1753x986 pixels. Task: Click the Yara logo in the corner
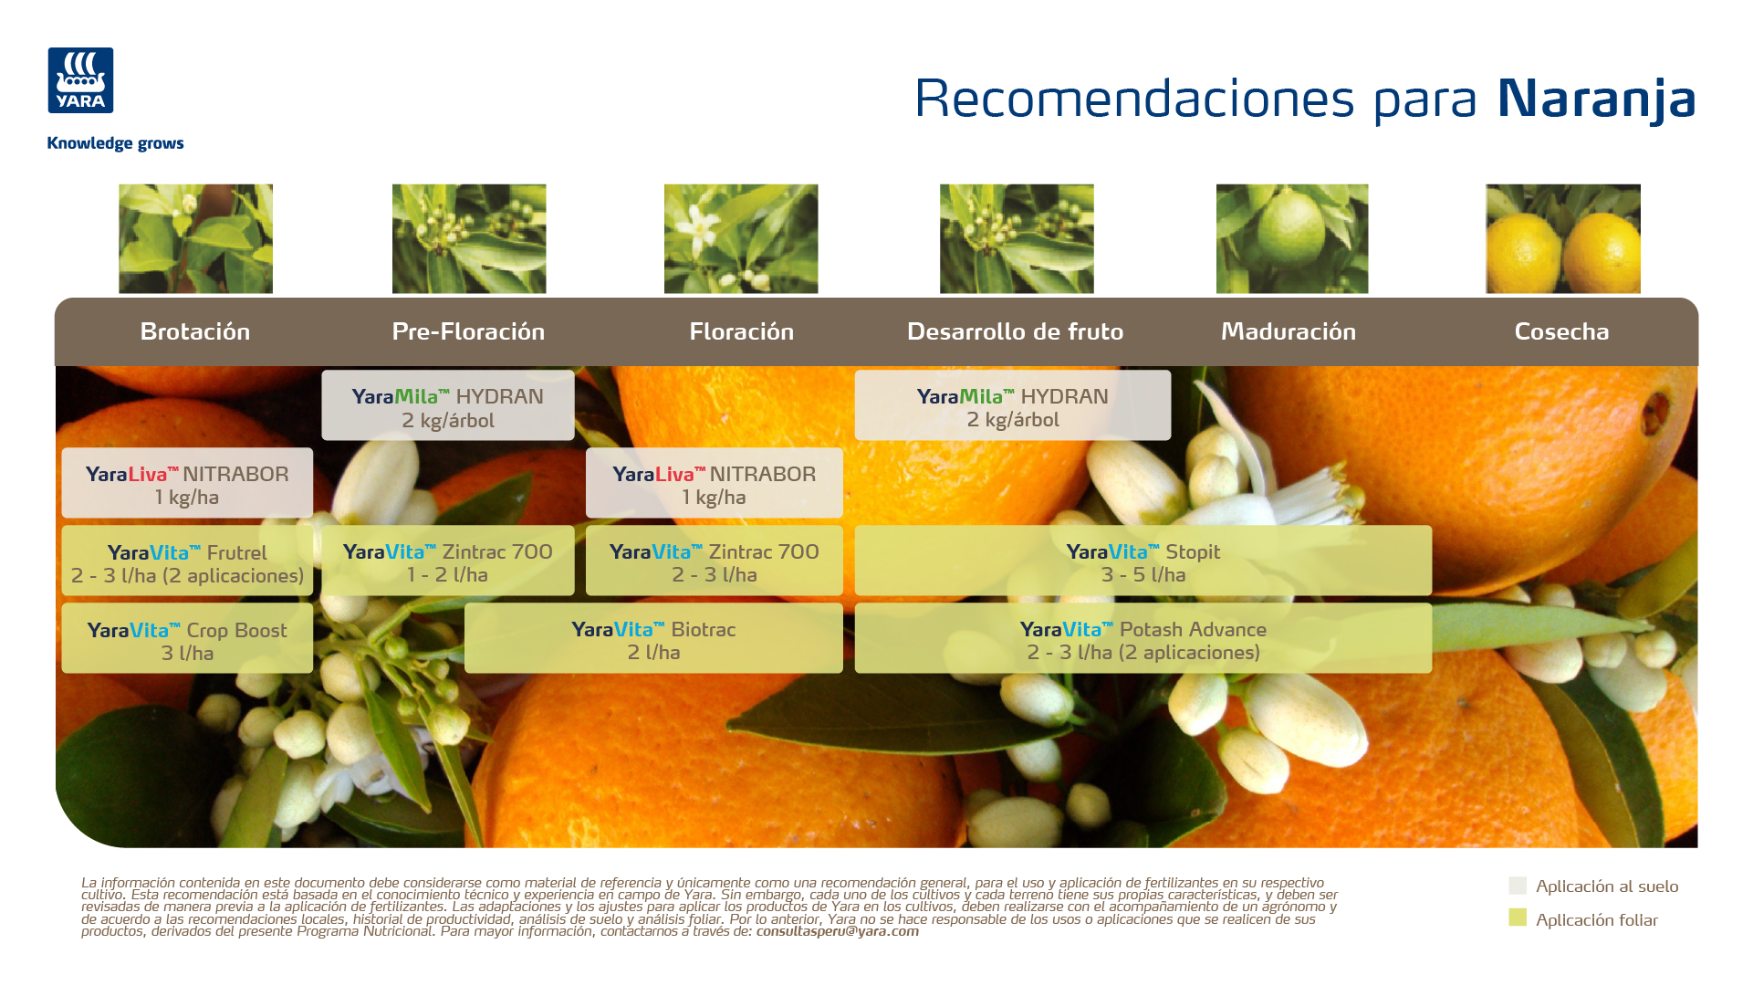[x=80, y=80]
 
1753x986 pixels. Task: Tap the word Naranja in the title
[x=1596, y=100]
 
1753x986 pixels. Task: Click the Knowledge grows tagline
[x=115, y=143]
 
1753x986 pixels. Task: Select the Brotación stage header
[x=195, y=331]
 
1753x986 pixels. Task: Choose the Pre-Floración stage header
[x=468, y=331]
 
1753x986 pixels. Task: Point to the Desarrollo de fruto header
[x=1015, y=331]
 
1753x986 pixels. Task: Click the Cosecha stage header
[x=1561, y=331]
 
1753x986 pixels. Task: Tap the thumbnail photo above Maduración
[x=1292, y=238]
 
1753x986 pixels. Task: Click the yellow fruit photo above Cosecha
[x=1563, y=238]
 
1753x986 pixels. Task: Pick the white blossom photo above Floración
[x=741, y=238]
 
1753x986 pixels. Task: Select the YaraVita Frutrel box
[x=187, y=561]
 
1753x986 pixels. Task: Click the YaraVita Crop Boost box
[x=187, y=638]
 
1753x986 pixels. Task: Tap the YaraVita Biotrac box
[x=653, y=638]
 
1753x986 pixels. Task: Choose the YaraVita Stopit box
[x=1143, y=561]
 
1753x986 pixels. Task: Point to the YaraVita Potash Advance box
[x=1143, y=638]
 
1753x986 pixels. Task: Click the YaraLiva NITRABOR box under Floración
[x=715, y=483]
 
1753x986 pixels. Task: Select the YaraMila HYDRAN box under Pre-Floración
[x=448, y=405]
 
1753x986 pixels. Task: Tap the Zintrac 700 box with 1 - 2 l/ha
[x=448, y=561]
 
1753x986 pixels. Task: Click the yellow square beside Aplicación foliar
[x=1518, y=918]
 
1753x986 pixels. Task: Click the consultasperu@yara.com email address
[x=838, y=931]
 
